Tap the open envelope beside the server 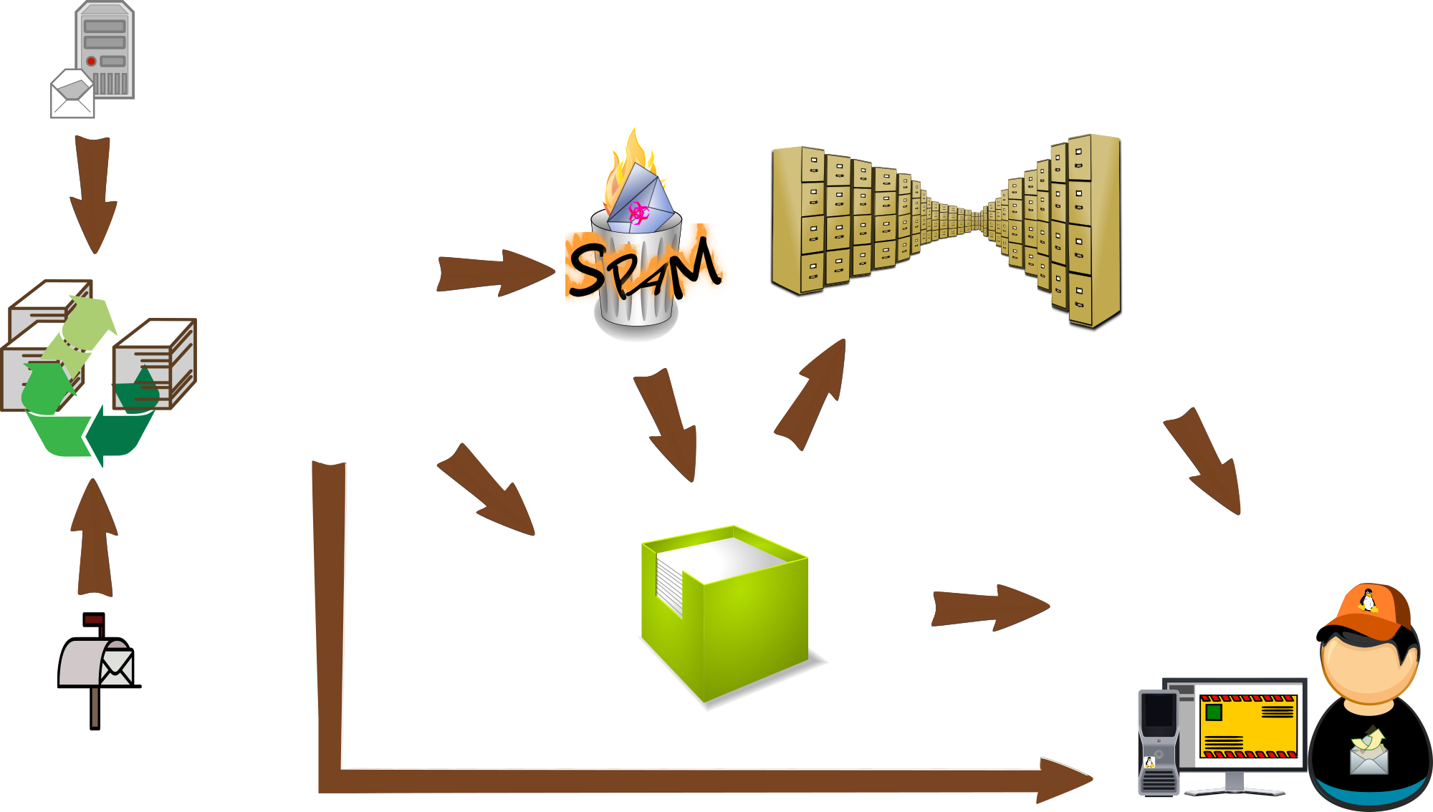click(72, 95)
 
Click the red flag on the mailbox click(94, 620)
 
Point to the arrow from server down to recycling click(93, 193)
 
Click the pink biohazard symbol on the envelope click(638, 212)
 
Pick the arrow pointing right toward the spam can click(494, 273)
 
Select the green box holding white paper click(745, 630)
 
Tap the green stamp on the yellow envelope click(1214, 712)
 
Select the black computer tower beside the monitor click(1158, 741)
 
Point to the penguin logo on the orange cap click(1369, 600)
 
